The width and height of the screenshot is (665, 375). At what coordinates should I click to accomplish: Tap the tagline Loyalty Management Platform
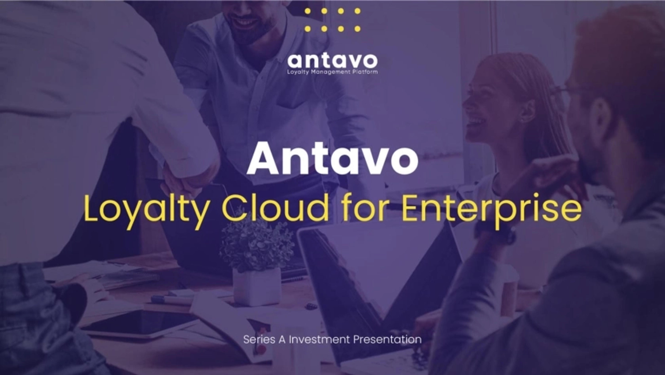332,72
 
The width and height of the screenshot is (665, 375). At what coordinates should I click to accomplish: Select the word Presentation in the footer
387,339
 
